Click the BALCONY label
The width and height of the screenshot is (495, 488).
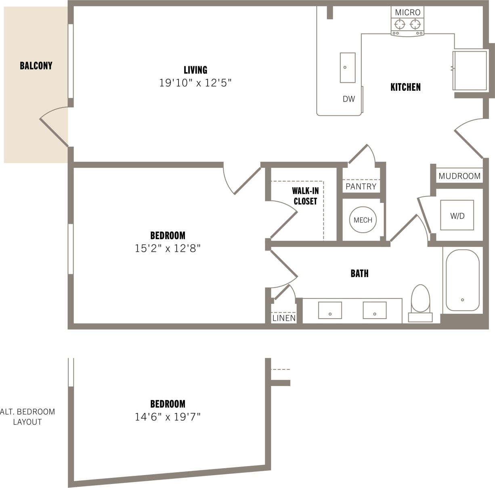pyautogui.click(x=36, y=66)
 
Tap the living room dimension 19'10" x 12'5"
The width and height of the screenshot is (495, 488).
pyautogui.click(x=195, y=83)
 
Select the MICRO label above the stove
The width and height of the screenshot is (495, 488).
pyautogui.click(x=407, y=13)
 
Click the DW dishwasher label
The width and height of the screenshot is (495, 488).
pyautogui.click(x=349, y=99)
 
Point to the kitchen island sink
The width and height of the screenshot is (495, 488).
pyautogui.click(x=348, y=67)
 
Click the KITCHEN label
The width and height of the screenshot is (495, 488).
pyautogui.click(x=405, y=87)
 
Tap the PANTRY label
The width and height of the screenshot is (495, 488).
pyautogui.click(x=361, y=186)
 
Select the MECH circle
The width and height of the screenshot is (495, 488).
pyautogui.click(x=363, y=220)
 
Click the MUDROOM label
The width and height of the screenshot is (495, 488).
pyautogui.click(x=459, y=176)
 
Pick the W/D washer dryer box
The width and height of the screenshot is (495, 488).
pyautogui.click(x=457, y=215)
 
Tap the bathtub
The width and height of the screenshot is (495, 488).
pyautogui.click(x=462, y=280)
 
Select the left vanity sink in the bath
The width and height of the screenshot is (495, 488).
pyautogui.click(x=330, y=310)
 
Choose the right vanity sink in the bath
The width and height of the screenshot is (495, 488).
pyautogui.click(x=374, y=310)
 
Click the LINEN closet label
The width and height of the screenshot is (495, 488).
pyautogui.click(x=284, y=318)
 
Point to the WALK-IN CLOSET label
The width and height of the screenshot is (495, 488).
pyautogui.click(x=305, y=196)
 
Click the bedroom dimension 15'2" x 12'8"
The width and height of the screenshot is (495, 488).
pyautogui.click(x=168, y=248)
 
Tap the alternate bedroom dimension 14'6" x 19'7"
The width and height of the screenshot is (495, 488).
pyautogui.click(x=168, y=417)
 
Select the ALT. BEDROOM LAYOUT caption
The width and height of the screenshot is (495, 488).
pyautogui.click(x=27, y=417)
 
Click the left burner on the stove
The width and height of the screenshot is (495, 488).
pyautogui.click(x=400, y=25)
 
